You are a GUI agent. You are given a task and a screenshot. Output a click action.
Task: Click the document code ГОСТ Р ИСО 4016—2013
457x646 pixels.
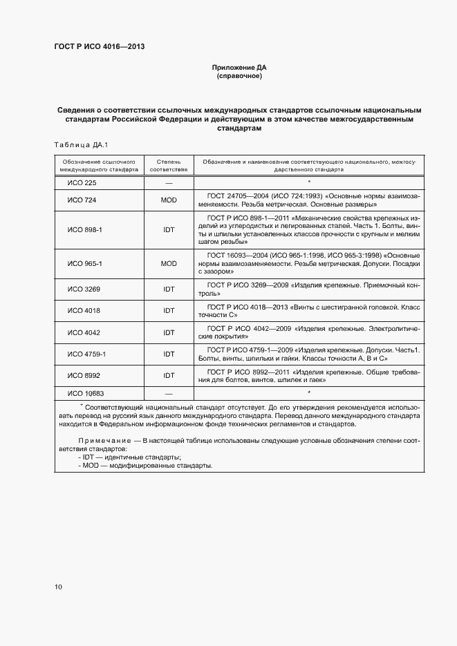[100, 46]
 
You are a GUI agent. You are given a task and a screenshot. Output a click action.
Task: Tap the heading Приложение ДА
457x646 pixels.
[239, 68]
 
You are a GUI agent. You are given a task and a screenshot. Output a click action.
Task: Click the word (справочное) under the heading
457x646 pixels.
[239, 76]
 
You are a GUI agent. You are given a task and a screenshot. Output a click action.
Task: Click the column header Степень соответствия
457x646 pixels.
[169, 164]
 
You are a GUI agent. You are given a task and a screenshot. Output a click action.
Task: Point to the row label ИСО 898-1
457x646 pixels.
[84, 229]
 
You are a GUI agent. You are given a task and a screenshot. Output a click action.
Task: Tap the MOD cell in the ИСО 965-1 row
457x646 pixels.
[169, 263]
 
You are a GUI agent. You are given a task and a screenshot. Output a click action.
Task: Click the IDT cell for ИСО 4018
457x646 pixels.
[169, 310]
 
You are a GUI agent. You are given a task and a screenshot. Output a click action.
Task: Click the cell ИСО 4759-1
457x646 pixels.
[86, 354]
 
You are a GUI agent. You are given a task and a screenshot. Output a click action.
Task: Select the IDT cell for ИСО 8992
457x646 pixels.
[169, 376]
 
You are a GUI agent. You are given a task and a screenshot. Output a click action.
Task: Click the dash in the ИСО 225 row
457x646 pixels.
[169, 182]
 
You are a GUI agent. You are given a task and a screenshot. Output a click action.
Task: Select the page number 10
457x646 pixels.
[58, 587]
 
